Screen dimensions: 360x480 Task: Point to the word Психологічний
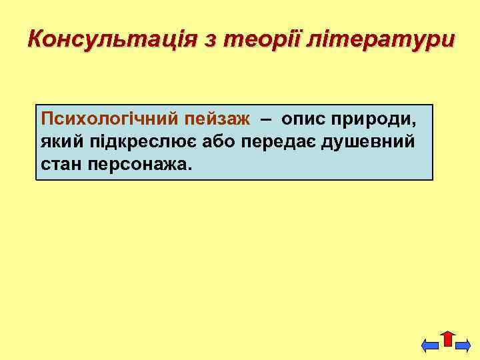tap(108, 119)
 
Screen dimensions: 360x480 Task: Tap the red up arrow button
tap(447, 339)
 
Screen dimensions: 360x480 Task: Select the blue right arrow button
tap(464, 345)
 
